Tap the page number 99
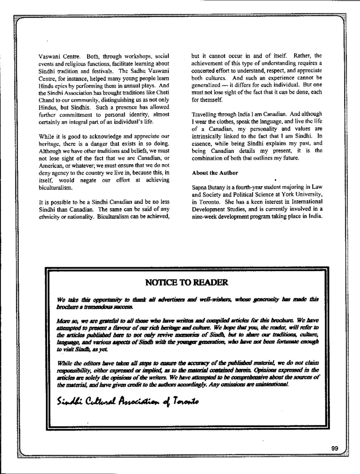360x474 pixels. (334, 448)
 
